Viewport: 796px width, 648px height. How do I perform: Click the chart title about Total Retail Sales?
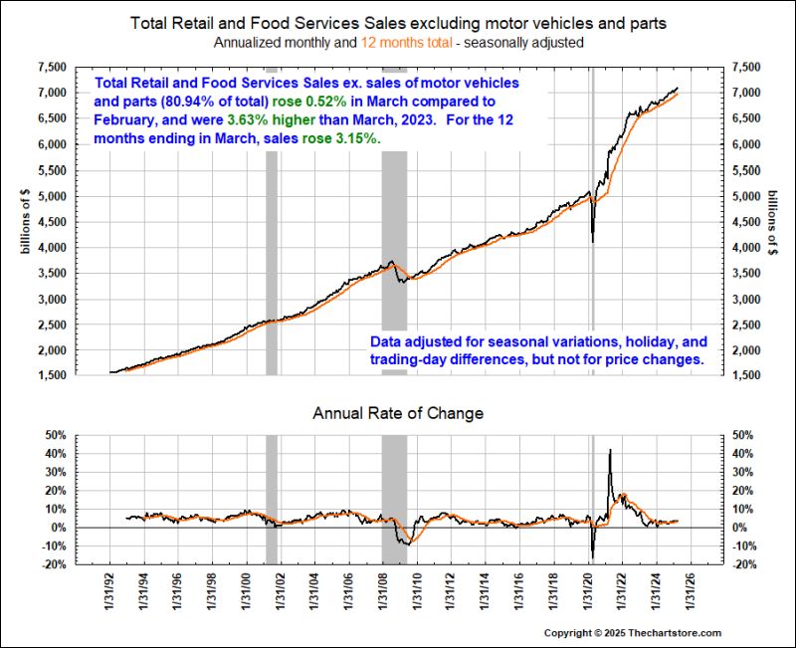click(398, 21)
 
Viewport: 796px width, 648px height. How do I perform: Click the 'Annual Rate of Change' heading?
click(398, 412)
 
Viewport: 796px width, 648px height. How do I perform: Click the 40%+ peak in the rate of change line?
click(609, 451)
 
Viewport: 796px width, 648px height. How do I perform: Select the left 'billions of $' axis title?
click(27, 221)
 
